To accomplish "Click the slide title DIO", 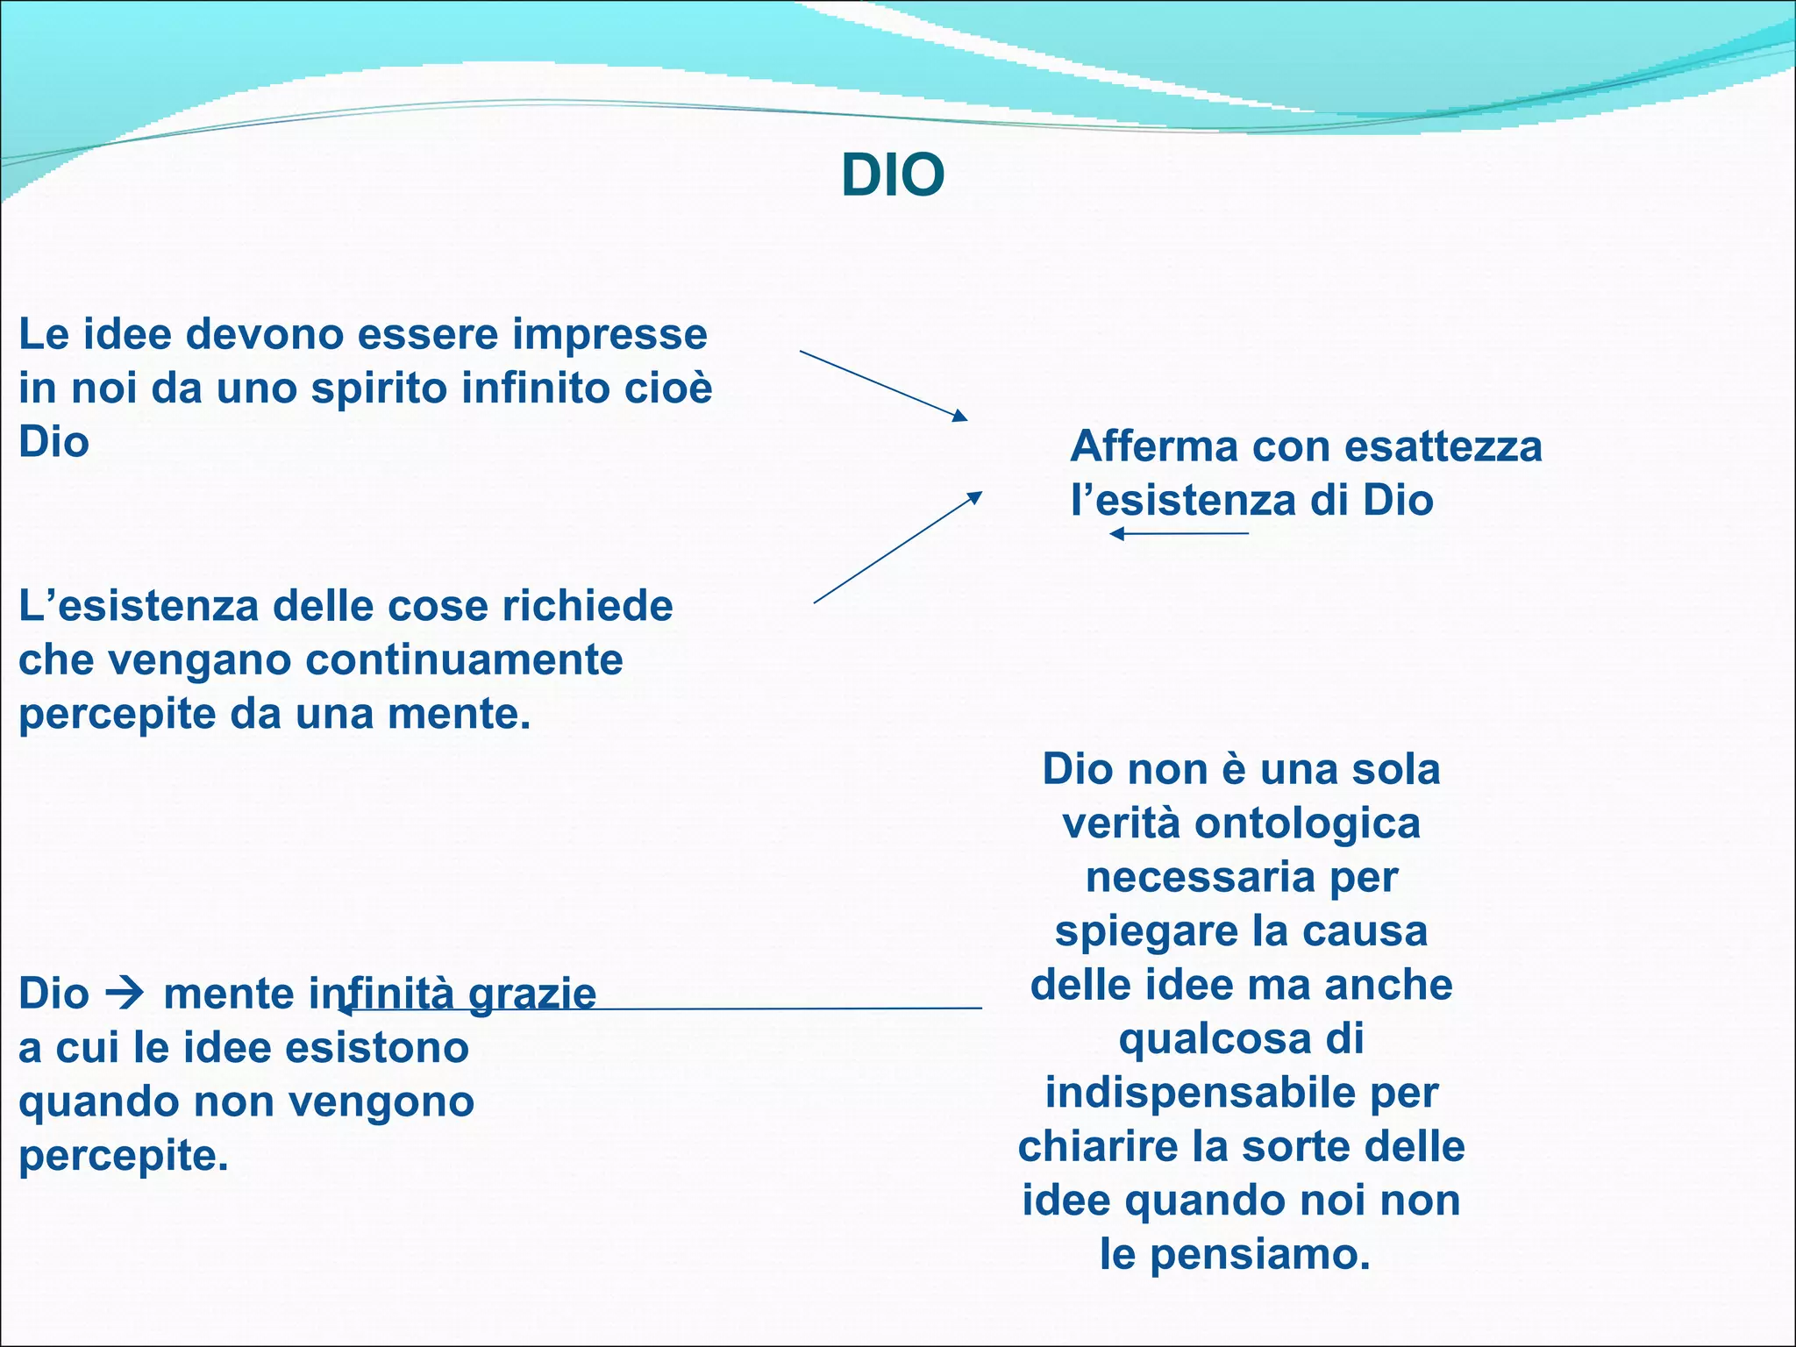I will [893, 175].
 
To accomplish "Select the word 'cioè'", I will [668, 388].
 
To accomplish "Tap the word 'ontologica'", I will [1307, 823].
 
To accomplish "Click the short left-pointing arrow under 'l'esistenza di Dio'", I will [1179, 533].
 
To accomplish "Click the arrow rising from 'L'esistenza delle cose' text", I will [897, 547].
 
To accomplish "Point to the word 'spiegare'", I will [1134, 931].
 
